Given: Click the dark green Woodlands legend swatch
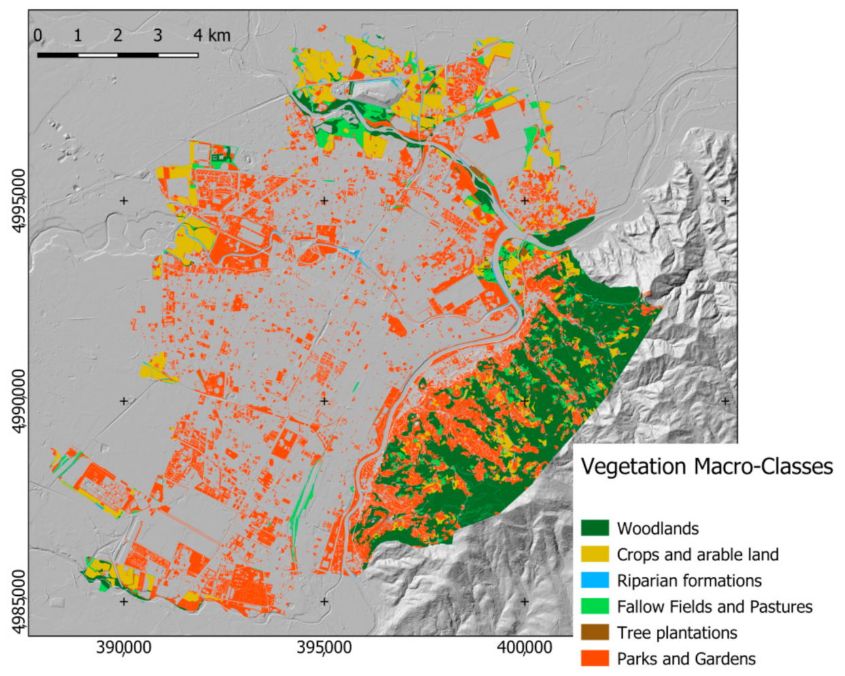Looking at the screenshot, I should click(x=594, y=528).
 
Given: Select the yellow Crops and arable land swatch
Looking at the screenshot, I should click(x=594, y=554).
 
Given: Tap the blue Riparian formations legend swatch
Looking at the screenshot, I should click(x=594, y=580).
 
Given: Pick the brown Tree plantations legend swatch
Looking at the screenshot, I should click(x=594, y=633).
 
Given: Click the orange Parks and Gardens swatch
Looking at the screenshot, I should click(x=594, y=658).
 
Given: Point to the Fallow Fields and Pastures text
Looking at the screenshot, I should click(x=714, y=607).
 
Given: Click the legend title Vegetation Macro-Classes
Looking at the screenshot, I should click(x=706, y=467).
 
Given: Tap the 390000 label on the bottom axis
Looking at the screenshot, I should click(x=124, y=647).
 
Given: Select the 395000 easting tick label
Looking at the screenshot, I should click(x=324, y=647).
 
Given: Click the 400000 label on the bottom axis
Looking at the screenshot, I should click(x=524, y=647).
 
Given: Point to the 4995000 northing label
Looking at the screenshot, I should click(x=20, y=200).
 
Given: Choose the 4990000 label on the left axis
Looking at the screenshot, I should click(x=20, y=401).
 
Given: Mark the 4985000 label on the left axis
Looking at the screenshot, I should click(x=20, y=601).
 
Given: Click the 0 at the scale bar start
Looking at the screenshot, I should click(x=37, y=35).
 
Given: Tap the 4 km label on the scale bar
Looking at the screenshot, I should click(x=211, y=35).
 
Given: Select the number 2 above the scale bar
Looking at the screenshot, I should click(x=118, y=35).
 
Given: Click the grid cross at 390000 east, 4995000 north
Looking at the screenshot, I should click(x=124, y=200).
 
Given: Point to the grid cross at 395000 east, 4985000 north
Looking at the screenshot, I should click(x=324, y=601).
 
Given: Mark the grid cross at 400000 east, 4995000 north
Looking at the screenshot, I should click(x=524, y=200).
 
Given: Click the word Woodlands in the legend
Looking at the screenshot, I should click(x=658, y=529).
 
